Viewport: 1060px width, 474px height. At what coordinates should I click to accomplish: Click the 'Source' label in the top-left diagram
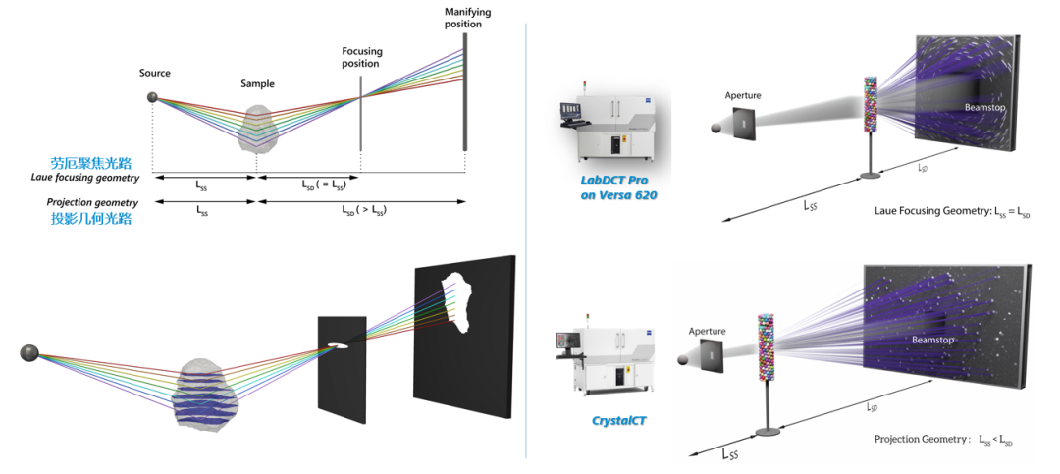[x=155, y=73]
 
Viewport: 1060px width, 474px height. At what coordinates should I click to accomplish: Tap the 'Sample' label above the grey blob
[x=257, y=83]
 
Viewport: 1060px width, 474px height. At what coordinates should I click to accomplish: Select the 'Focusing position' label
[x=361, y=58]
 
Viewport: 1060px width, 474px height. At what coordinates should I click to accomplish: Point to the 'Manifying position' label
[x=468, y=19]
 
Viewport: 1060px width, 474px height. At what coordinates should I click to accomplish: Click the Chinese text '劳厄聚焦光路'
[x=91, y=163]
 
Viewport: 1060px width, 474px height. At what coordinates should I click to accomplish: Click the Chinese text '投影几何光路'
[x=91, y=218]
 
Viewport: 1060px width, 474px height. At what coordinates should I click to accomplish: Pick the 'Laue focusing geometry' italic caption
[x=85, y=178]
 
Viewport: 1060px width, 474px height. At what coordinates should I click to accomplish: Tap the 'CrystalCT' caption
[x=618, y=421]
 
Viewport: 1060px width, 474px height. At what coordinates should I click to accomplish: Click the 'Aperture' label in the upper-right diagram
[x=742, y=96]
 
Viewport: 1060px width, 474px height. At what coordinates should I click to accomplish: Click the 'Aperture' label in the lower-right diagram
[x=707, y=332]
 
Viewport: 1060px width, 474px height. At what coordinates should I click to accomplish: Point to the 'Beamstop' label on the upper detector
[x=985, y=108]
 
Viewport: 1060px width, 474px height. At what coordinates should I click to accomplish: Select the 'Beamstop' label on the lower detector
[x=932, y=341]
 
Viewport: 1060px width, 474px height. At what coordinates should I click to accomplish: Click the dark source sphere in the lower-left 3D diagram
[x=29, y=353]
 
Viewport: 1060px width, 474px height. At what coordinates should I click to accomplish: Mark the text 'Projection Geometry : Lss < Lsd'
[x=943, y=440]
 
